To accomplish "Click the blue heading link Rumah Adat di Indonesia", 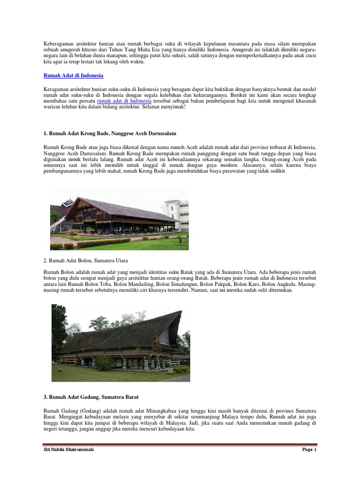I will point(73,75).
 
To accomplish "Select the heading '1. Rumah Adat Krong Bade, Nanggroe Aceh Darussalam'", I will point(109,134).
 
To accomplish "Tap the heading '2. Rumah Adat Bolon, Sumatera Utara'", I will point(85,260).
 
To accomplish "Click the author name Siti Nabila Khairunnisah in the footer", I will point(69,463).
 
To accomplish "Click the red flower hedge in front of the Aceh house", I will point(94,244).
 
